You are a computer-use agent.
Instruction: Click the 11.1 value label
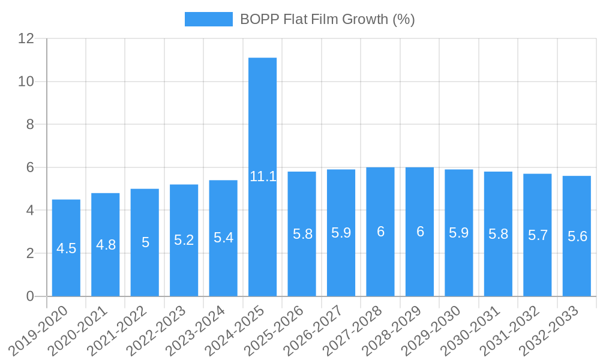[x=263, y=176]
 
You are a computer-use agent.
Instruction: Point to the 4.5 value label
[x=66, y=248]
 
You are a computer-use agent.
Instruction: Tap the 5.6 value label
[x=577, y=236]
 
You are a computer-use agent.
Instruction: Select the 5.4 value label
[x=223, y=238]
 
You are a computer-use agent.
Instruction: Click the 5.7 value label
[x=538, y=235]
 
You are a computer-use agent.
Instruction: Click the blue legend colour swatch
[x=208, y=19]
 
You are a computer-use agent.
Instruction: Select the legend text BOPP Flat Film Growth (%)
[x=328, y=19]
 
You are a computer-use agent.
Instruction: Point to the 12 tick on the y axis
[x=26, y=38]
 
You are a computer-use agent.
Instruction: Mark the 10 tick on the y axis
[x=26, y=82]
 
